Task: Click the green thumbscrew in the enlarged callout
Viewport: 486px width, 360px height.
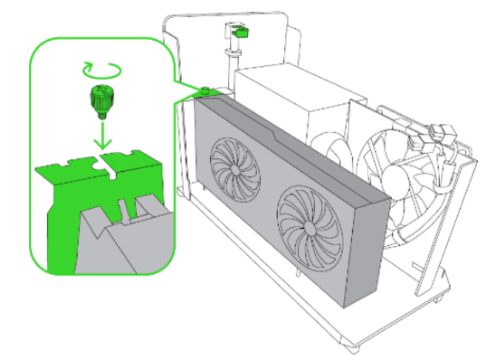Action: pos(101,99)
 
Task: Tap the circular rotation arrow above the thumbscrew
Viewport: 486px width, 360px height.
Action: pos(100,67)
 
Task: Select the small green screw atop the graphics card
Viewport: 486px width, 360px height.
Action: pos(205,90)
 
